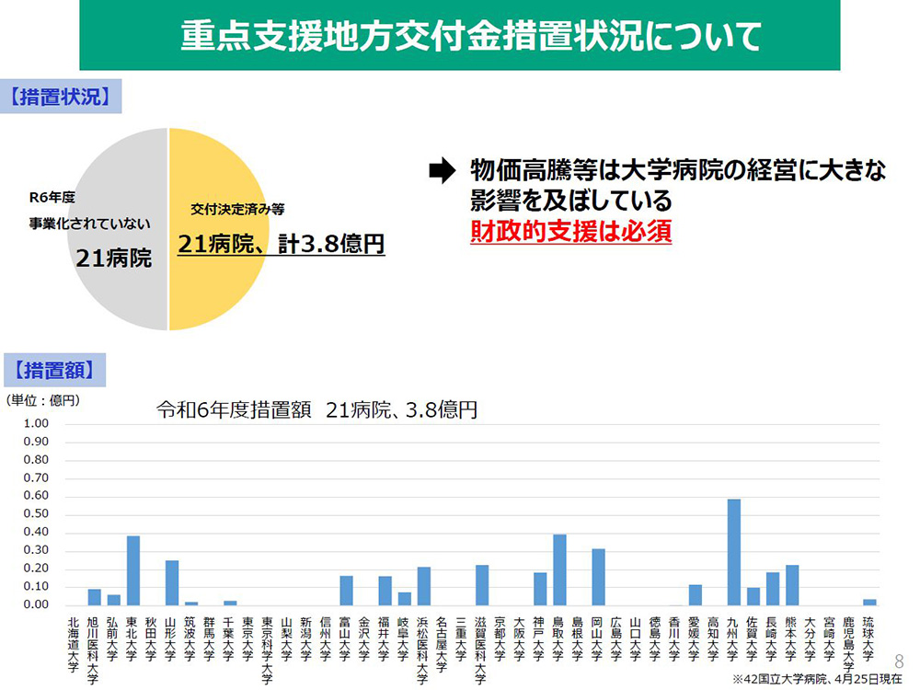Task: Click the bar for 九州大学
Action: tap(733, 552)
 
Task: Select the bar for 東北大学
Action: tap(132, 570)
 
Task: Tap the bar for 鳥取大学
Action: tap(559, 569)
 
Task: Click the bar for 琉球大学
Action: tap(869, 602)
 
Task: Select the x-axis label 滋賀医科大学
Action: tap(481, 649)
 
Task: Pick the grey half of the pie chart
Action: tap(115, 230)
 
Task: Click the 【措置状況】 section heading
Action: tap(62, 98)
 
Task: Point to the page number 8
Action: tap(899, 660)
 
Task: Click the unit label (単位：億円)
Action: tap(45, 400)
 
